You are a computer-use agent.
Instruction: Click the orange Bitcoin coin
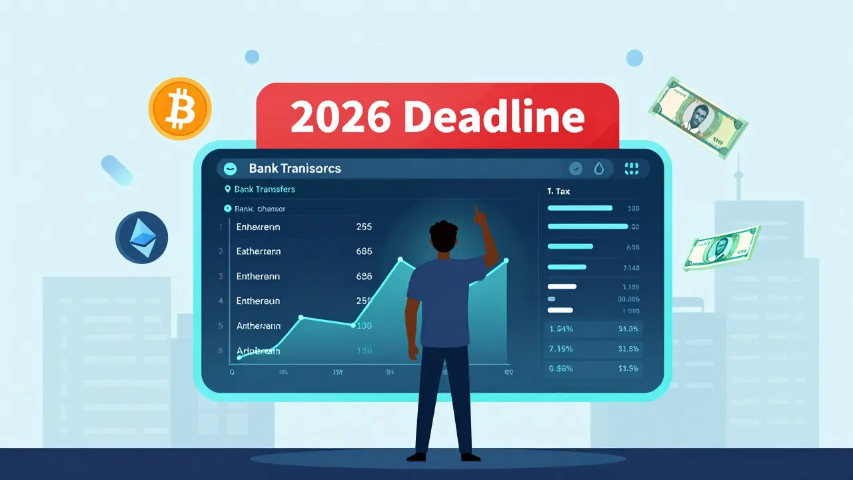tap(180, 108)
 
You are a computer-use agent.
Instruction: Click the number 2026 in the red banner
tap(340, 117)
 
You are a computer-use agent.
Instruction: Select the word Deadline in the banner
tap(494, 117)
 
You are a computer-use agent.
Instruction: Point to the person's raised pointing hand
tap(479, 215)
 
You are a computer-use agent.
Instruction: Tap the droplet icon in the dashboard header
tap(599, 169)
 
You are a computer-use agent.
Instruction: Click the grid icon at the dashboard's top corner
tap(631, 169)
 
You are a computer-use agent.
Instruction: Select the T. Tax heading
tap(558, 191)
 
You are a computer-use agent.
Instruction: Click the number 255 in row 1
tap(364, 227)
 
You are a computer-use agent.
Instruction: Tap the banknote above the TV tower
tap(697, 117)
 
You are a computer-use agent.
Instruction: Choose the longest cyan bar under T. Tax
tap(587, 227)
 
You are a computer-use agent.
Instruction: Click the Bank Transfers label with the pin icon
tap(265, 189)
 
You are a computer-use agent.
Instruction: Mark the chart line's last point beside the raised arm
tap(506, 261)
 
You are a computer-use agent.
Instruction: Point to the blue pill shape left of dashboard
tap(117, 170)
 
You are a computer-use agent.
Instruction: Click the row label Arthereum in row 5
tap(259, 326)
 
